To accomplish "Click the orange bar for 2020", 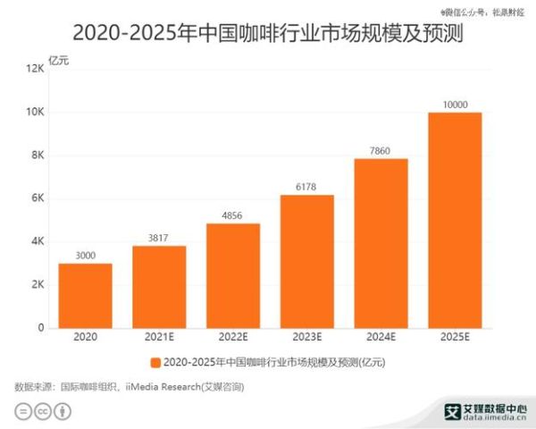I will pyautogui.click(x=86, y=296).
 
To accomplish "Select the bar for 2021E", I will pyautogui.click(x=159, y=287).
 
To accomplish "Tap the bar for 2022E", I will pyautogui.click(x=233, y=275).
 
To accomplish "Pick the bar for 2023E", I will pyautogui.click(x=306, y=261).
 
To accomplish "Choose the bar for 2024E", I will pyautogui.click(x=381, y=243).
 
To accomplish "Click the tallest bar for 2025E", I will pyautogui.click(x=455, y=220).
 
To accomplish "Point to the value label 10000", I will pyautogui.click(x=455, y=105).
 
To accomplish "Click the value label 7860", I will pyautogui.click(x=381, y=151).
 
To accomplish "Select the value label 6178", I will pyautogui.click(x=306, y=187).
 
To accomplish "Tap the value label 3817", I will pyautogui.click(x=159, y=238).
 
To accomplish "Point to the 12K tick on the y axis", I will pyautogui.click(x=36, y=69).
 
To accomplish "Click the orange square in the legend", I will pyautogui.click(x=155, y=363).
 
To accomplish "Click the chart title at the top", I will pyautogui.click(x=268, y=34).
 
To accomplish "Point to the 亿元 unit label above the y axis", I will pyautogui.click(x=59, y=61).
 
